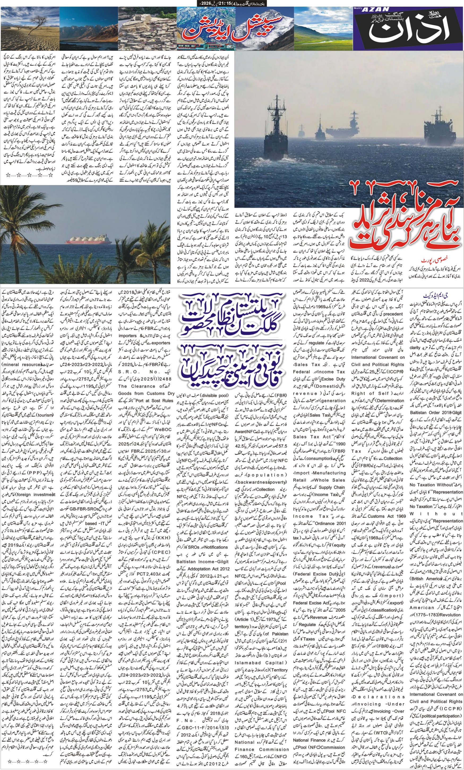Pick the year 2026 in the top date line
pyautogui.click(x=205, y=3)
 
